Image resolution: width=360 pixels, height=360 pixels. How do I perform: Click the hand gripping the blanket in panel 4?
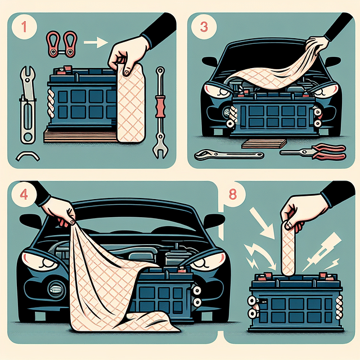(62, 211)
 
